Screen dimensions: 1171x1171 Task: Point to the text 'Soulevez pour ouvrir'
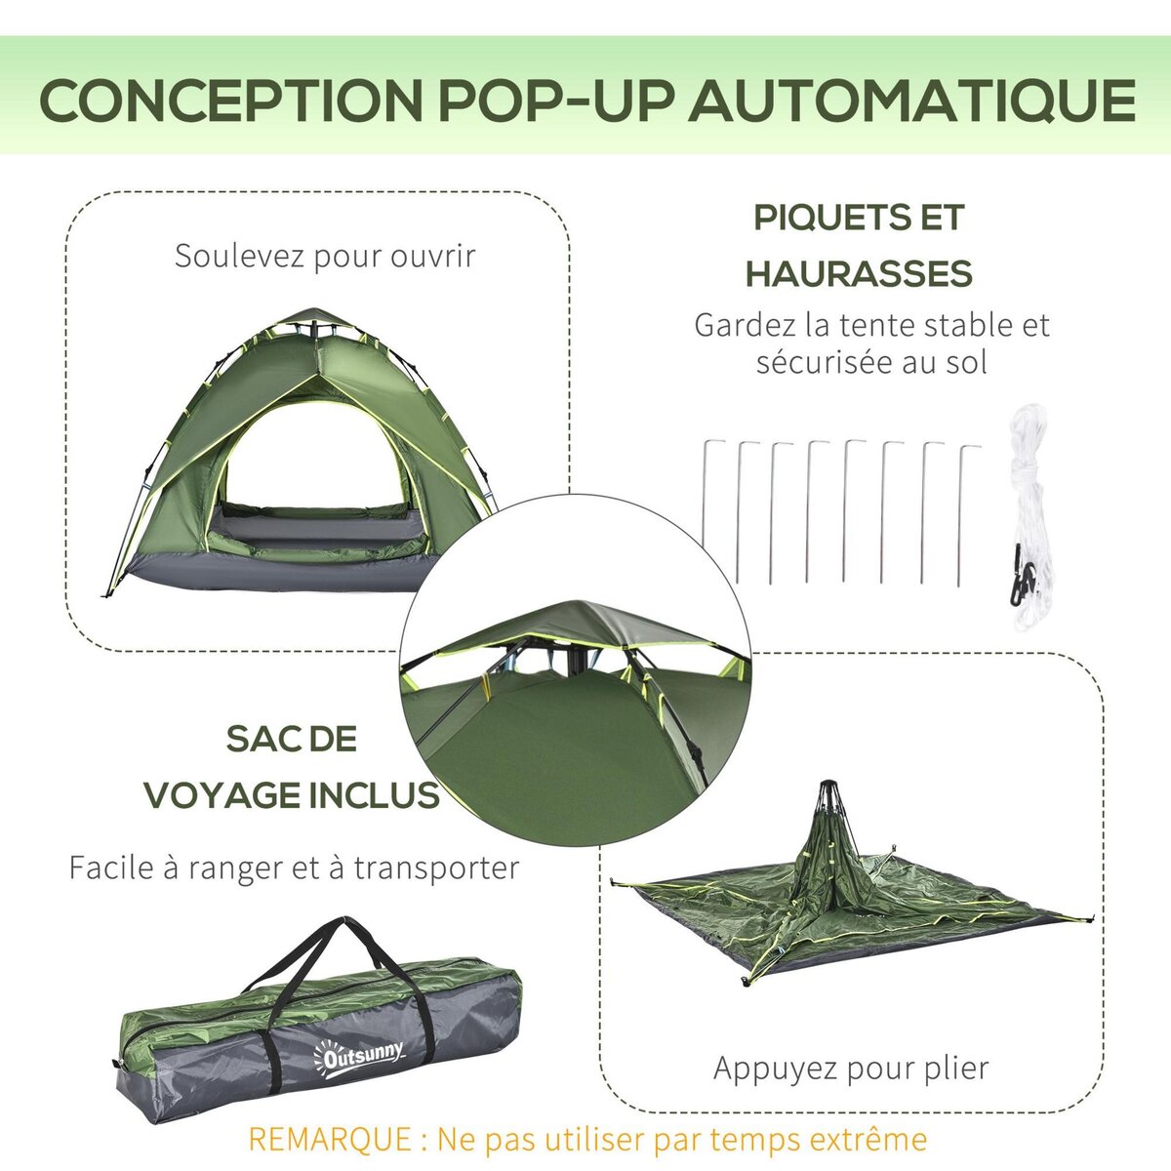pyautogui.click(x=325, y=257)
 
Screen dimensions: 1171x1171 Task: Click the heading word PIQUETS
pyautogui.click(x=819, y=218)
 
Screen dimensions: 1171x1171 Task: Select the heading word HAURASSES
pyautogui.click(x=859, y=274)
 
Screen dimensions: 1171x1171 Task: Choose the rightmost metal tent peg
pyautogui.click(x=962, y=512)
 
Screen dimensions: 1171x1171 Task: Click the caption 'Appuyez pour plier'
pyautogui.click(x=851, y=1068)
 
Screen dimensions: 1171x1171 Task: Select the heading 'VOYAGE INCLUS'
pyautogui.click(x=292, y=795)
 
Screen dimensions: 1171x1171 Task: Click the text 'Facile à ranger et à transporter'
pyautogui.click(x=293, y=868)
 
